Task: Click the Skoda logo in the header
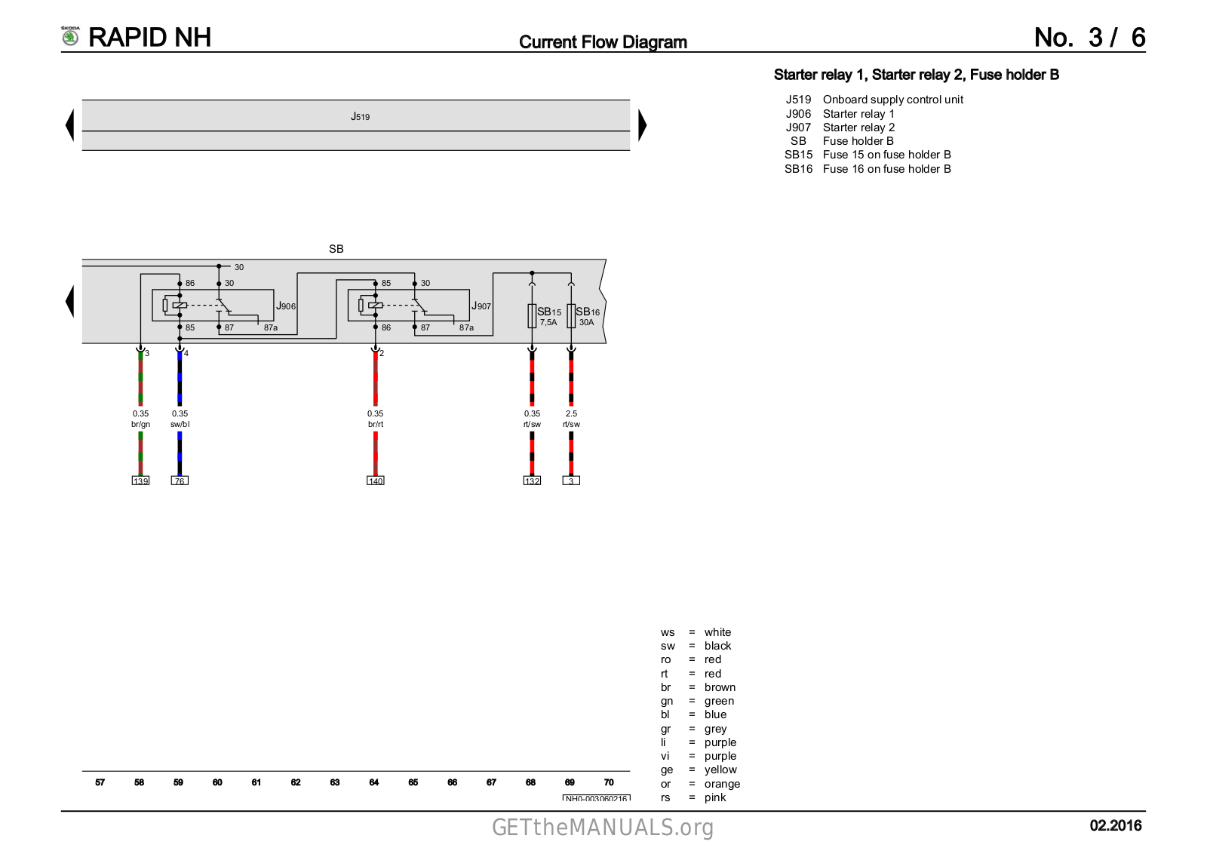coord(70,36)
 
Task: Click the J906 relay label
coord(286,306)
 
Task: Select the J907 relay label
coord(481,306)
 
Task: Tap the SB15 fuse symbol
coord(532,316)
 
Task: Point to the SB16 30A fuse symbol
coord(571,316)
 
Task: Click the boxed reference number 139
coord(140,481)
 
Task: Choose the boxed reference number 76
coord(180,481)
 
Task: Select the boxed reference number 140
coord(375,481)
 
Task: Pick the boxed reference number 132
coord(532,481)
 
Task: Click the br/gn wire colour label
coord(140,424)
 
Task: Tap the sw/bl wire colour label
coord(180,424)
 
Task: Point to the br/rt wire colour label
coord(375,424)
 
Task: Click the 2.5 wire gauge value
coord(571,413)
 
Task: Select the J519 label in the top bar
coord(360,116)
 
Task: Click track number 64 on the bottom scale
coord(374,782)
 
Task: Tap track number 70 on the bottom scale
coord(609,782)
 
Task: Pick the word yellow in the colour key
coord(720,770)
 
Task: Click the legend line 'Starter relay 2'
coord(858,127)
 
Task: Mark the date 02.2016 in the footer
coord(1115,825)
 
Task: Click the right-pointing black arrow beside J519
coord(642,125)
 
